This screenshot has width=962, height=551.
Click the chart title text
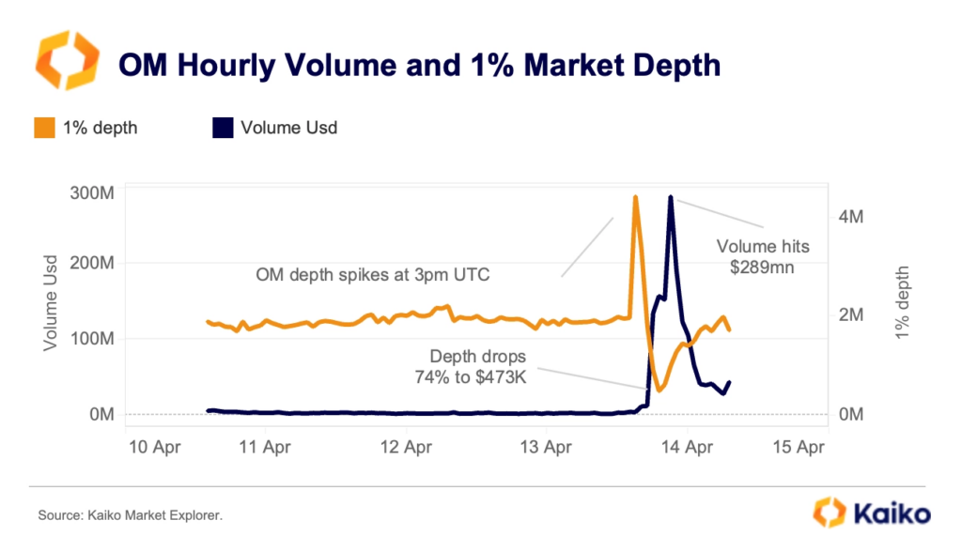coord(418,65)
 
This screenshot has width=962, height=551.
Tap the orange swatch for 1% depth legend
coord(43,127)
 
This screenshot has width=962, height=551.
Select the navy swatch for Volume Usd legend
coord(222,127)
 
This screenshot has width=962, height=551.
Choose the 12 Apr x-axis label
coord(406,448)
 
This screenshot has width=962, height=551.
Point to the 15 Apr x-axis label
coord(799,448)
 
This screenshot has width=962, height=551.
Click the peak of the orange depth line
coord(636,197)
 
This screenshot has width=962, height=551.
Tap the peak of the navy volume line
coord(670,197)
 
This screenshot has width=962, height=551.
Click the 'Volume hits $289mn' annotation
coord(762,256)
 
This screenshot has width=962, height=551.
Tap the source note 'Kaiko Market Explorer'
coord(131,515)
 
